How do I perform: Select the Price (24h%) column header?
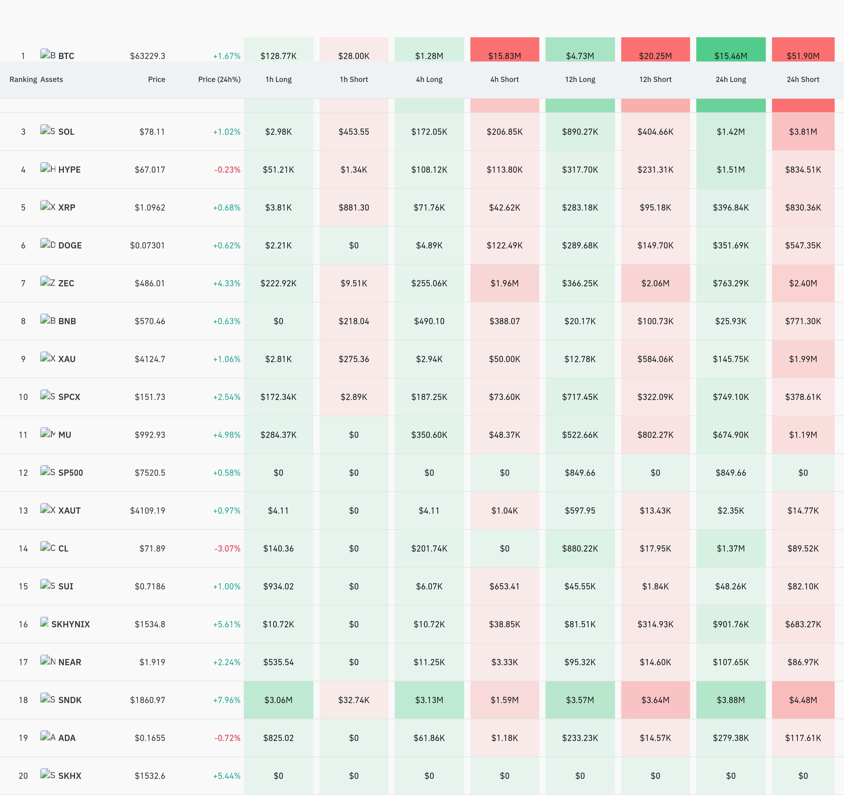219,79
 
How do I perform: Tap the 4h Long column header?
429,79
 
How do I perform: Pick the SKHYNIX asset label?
70,624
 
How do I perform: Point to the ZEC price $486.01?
150,284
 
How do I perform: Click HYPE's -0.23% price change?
227,170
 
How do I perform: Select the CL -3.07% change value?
227,548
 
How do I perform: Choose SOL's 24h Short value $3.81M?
803,132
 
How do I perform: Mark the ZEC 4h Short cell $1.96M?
504,284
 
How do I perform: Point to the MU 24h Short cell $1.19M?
803,435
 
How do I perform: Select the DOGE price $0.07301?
147,246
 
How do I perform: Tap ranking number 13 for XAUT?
23,511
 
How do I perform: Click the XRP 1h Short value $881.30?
354,208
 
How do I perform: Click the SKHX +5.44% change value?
227,776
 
